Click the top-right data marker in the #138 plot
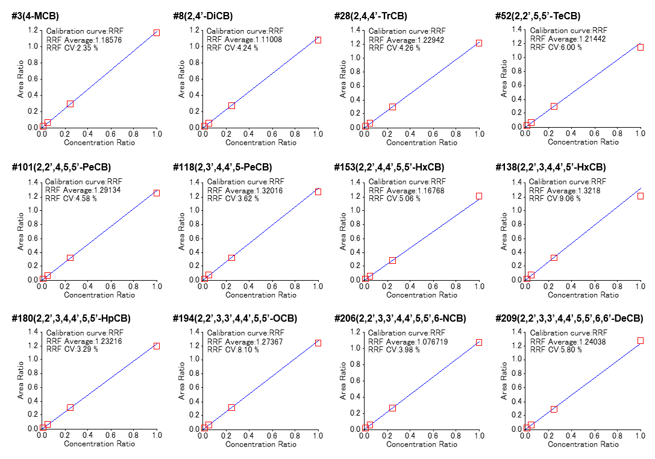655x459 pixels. (641, 196)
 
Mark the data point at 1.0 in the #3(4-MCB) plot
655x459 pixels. (157, 33)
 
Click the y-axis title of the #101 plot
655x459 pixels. (20, 230)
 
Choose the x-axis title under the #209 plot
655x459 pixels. (583, 444)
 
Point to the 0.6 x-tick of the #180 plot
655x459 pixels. (111, 437)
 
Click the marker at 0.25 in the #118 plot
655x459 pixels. (231, 258)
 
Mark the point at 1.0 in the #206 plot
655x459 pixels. (479, 342)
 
